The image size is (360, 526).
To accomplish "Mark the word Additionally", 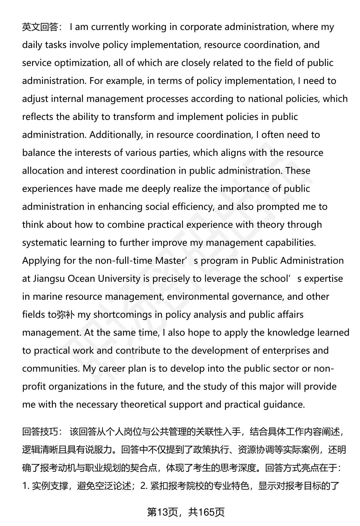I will tap(115, 135).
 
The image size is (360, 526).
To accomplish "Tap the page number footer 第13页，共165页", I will tap(186, 512).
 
